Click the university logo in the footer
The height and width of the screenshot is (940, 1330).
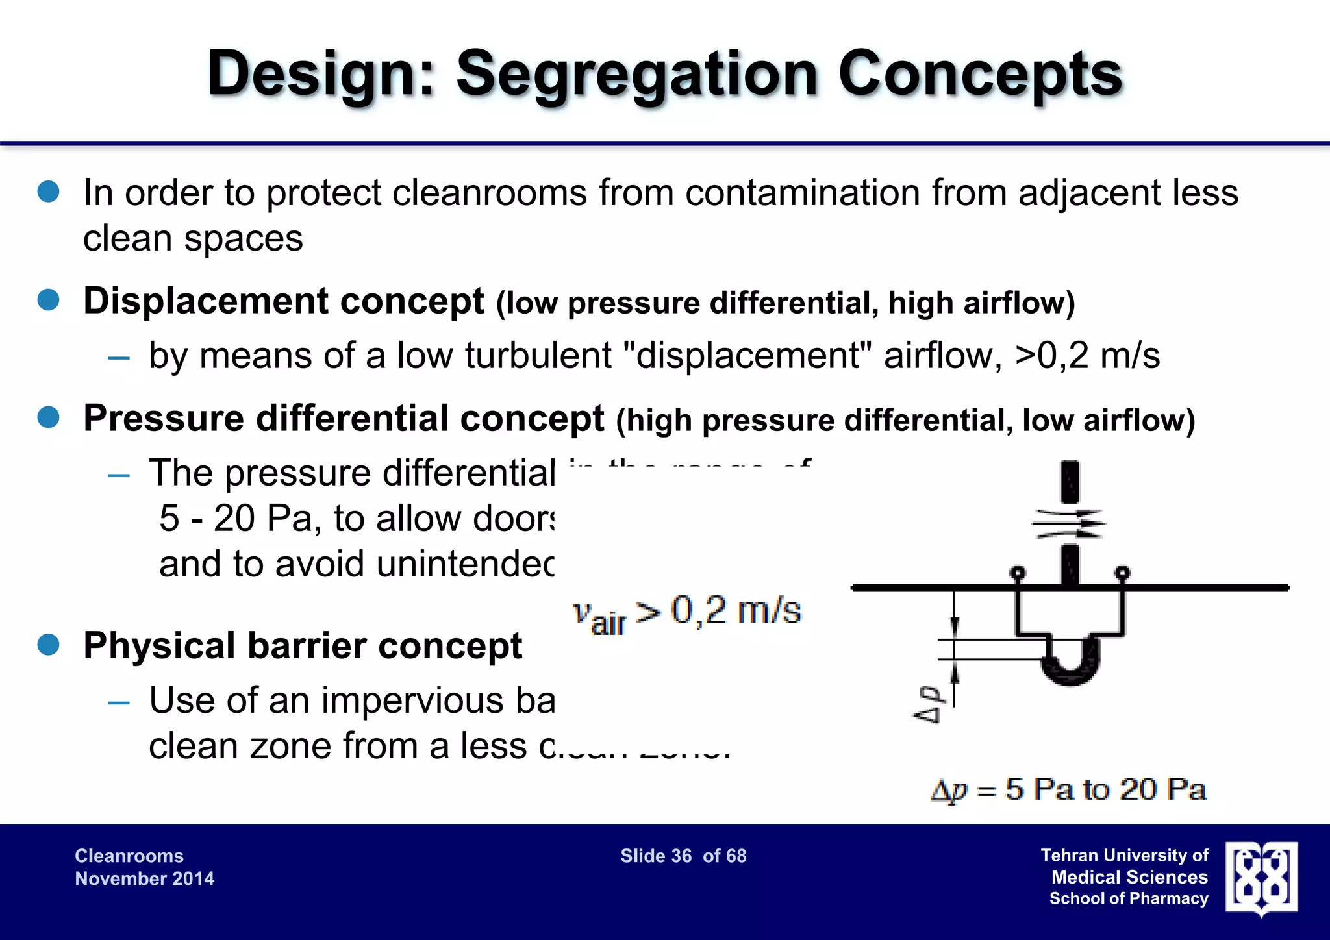[1261, 877]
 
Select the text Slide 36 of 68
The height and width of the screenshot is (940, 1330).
[683, 856]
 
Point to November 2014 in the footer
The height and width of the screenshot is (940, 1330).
[144, 878]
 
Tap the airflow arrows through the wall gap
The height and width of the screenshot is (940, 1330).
[1069, 523]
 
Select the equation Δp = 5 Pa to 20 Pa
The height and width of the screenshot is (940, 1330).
[1069, 789]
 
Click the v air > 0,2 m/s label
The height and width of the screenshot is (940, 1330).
[687, 613]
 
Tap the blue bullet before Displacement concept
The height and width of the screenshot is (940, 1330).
[49, 300]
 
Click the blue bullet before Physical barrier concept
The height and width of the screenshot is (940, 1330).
[49, 645]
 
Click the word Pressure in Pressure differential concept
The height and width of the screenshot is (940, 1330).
[162, 418]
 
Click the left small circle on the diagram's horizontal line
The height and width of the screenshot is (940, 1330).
[1018, 573]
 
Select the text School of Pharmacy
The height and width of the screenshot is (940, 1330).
[1129, 898]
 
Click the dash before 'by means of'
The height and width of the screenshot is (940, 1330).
[119, 358]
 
